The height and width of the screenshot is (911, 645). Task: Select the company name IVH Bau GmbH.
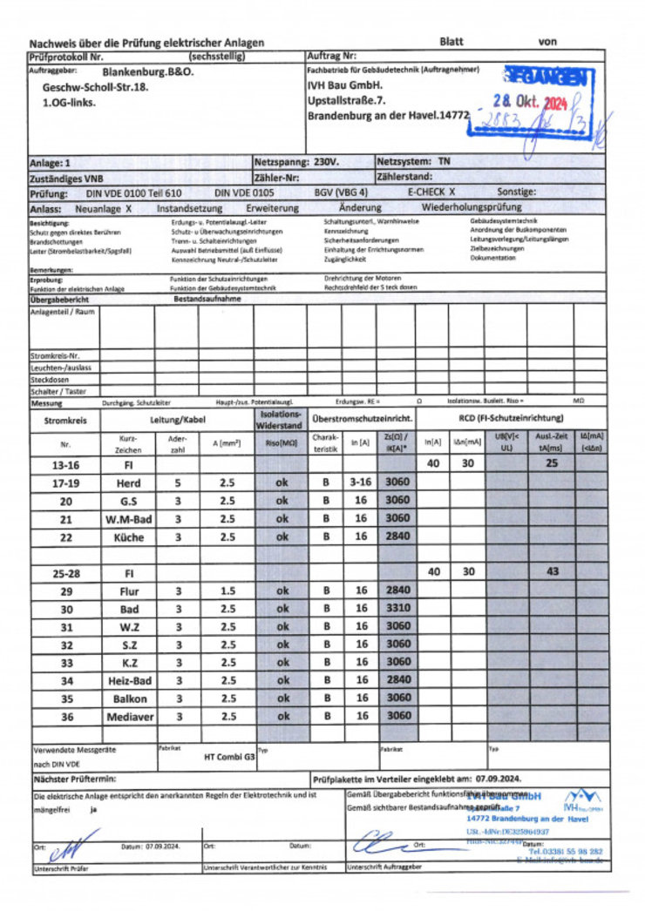(345, 85)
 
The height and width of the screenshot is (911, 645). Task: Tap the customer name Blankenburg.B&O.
(147, 73)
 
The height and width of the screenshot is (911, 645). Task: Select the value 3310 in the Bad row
(397, 608)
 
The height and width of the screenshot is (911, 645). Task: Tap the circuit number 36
(66, 716)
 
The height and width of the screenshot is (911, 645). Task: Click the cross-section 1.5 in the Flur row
(227, 590)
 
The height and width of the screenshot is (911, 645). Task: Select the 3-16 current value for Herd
(360, 482)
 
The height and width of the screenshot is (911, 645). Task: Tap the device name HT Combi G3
(228, 758)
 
